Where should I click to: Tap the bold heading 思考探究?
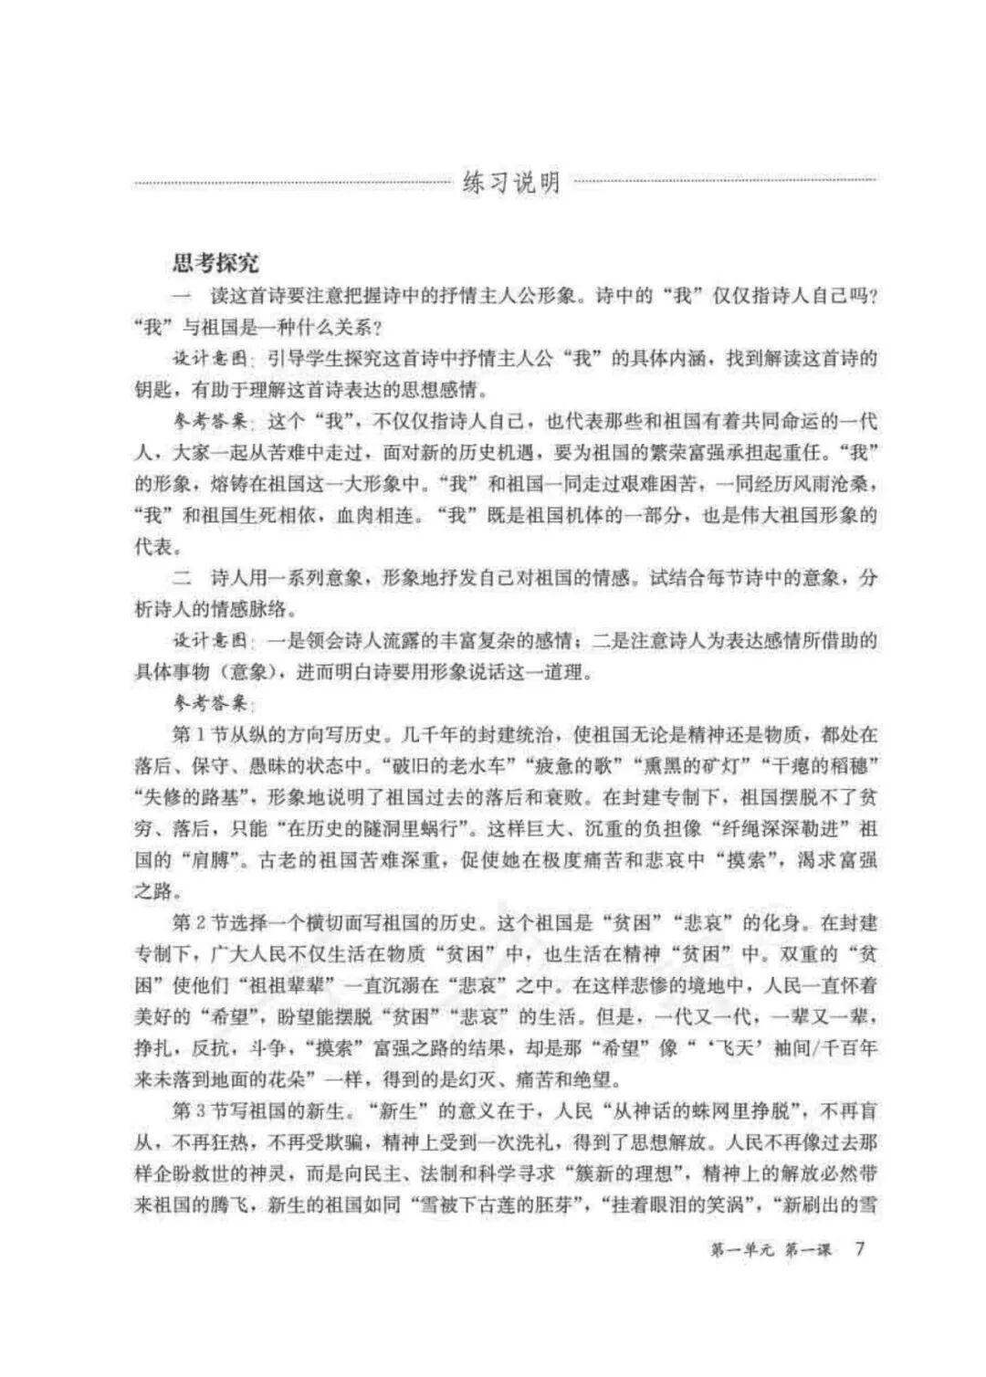coord(216,263)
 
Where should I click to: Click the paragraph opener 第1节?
coord(198,733)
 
